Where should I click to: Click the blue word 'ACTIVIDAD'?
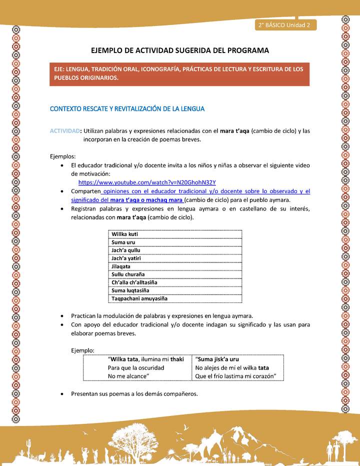[65, 131]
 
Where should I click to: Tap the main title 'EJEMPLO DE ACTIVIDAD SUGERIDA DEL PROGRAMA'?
[180, 50]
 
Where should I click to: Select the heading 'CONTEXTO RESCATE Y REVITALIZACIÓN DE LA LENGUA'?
[127, 108]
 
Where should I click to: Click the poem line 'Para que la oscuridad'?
[136, 367]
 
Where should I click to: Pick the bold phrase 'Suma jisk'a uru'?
[218, 359]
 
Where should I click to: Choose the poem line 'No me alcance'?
[129, 376]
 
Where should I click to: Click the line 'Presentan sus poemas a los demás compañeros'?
[134, 393]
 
